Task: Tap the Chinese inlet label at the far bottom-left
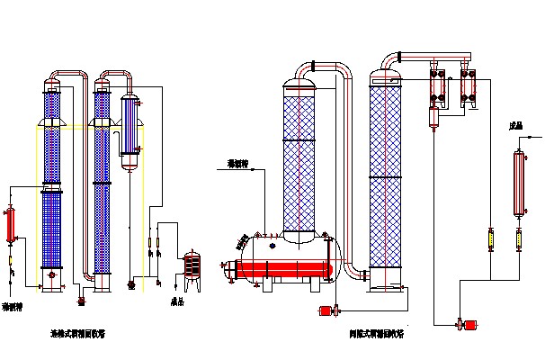click(13, 306)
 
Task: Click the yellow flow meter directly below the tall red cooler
click(519, 240)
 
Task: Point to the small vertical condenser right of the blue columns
click(130, 130)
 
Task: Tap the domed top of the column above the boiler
click(300, 87)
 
